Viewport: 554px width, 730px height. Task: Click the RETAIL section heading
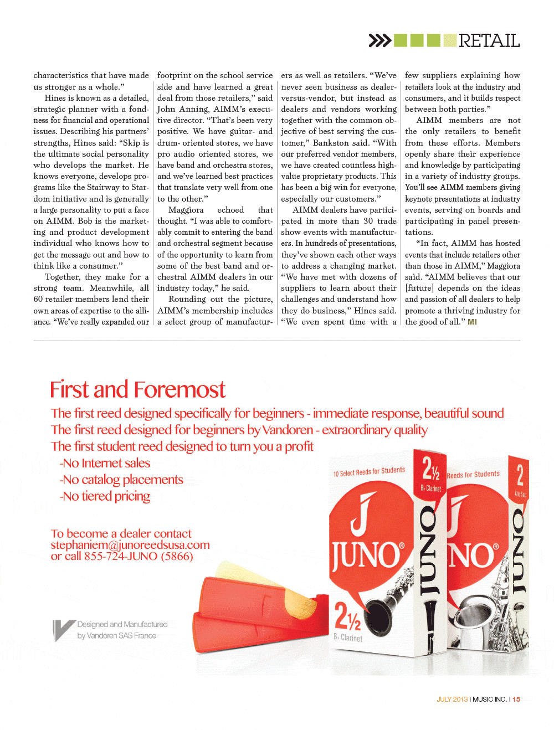click(x=489, y=41)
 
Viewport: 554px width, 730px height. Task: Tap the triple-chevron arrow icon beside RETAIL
click(x=380, y=40)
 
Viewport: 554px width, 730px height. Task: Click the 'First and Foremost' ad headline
click(x=137, y=389)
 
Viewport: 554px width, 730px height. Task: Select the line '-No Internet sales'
click(x=105, y=463)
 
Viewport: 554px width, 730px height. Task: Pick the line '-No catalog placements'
click(x=121, y=480)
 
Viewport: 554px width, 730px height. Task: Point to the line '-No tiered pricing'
click(x=105, y=496)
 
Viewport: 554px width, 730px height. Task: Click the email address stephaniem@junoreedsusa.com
click(x=130, y=545)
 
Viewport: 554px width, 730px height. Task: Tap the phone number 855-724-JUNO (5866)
click(x=138, y=556)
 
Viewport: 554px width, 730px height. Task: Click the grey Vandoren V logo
click(x=62, y=630)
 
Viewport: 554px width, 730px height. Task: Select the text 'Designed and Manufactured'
click(x=122, y=624)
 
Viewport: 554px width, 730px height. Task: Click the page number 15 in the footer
click(x=516, y=700)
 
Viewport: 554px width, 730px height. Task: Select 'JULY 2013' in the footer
click(x=452, y=700)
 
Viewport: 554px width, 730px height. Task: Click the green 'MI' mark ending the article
click(x=472, y=322)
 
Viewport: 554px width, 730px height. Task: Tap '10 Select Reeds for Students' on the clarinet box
click(x=369, y=472)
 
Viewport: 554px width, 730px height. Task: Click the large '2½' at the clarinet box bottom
click(x=347, y=616)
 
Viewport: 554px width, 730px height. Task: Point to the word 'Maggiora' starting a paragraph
click(x=186, y=210)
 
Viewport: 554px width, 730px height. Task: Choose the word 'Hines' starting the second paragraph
click(x=55, y=98)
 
